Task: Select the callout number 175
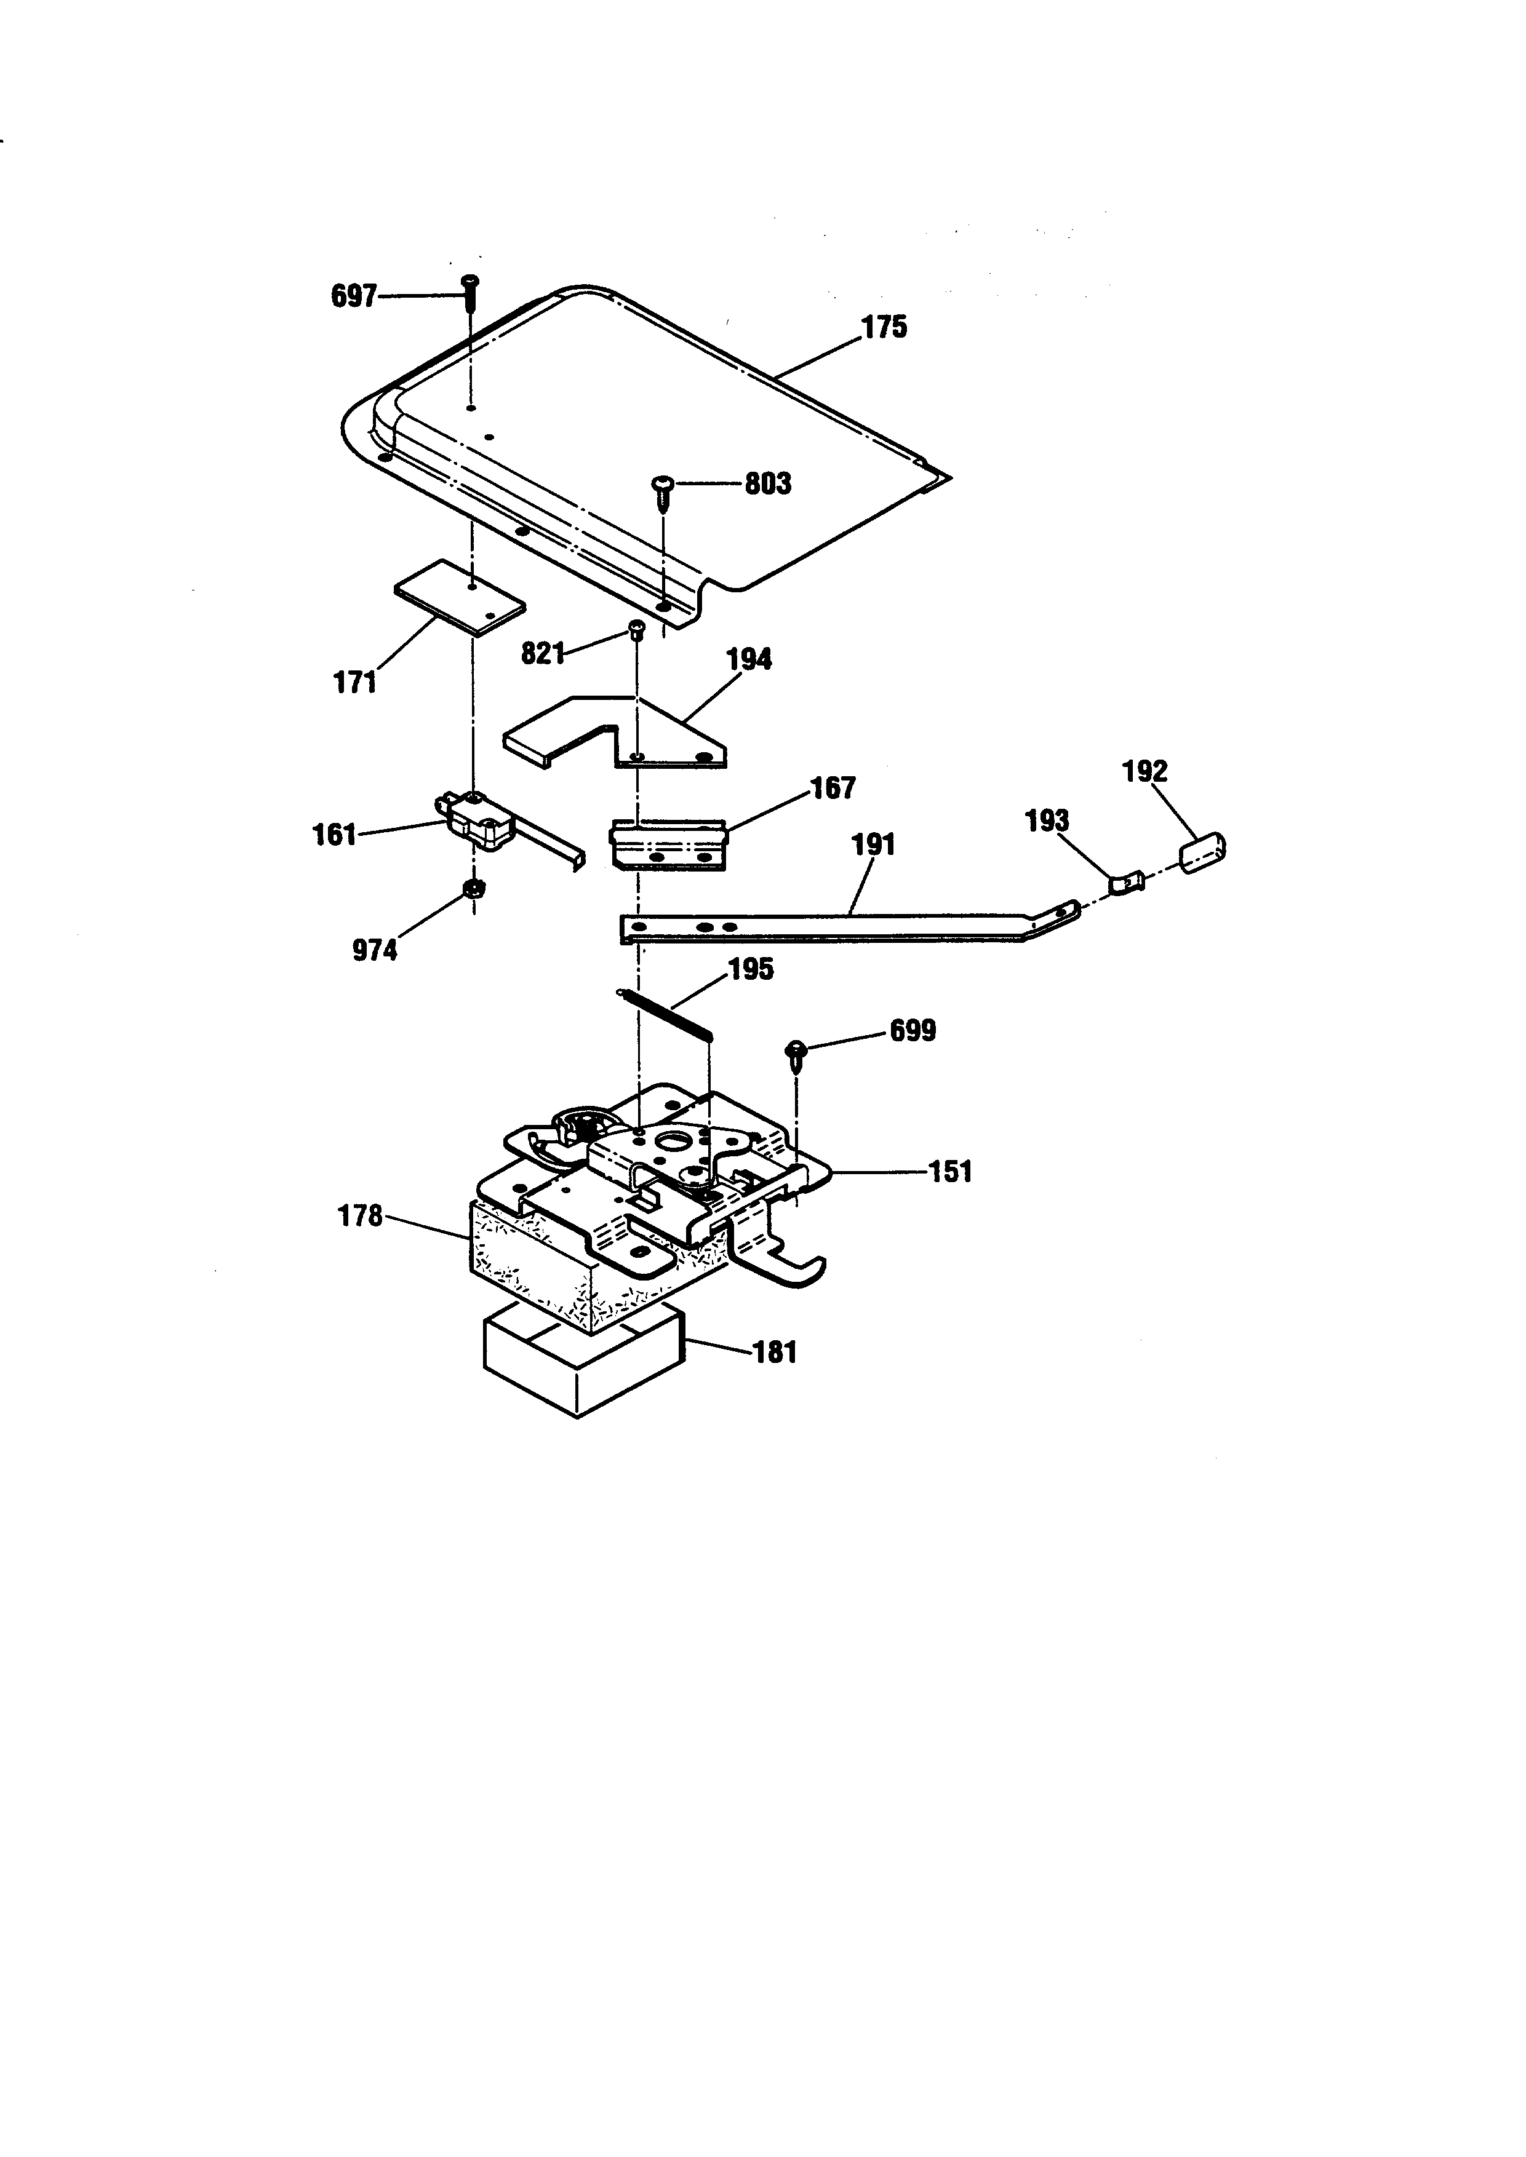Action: (x=884, y=327)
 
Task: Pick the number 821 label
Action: (x=543, y=654)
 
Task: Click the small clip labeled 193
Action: (x=1127, y=883)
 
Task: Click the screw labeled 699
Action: (x=798, y=1056)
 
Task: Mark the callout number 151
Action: (x=950, y=1172)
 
